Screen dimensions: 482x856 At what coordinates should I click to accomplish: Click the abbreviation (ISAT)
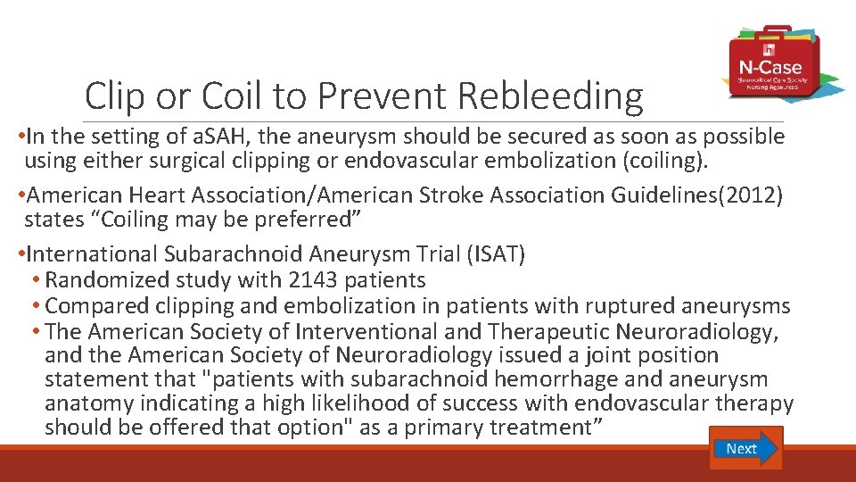(x=496, y=255)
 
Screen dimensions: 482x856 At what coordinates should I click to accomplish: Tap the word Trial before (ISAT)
(x=436, y=255)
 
